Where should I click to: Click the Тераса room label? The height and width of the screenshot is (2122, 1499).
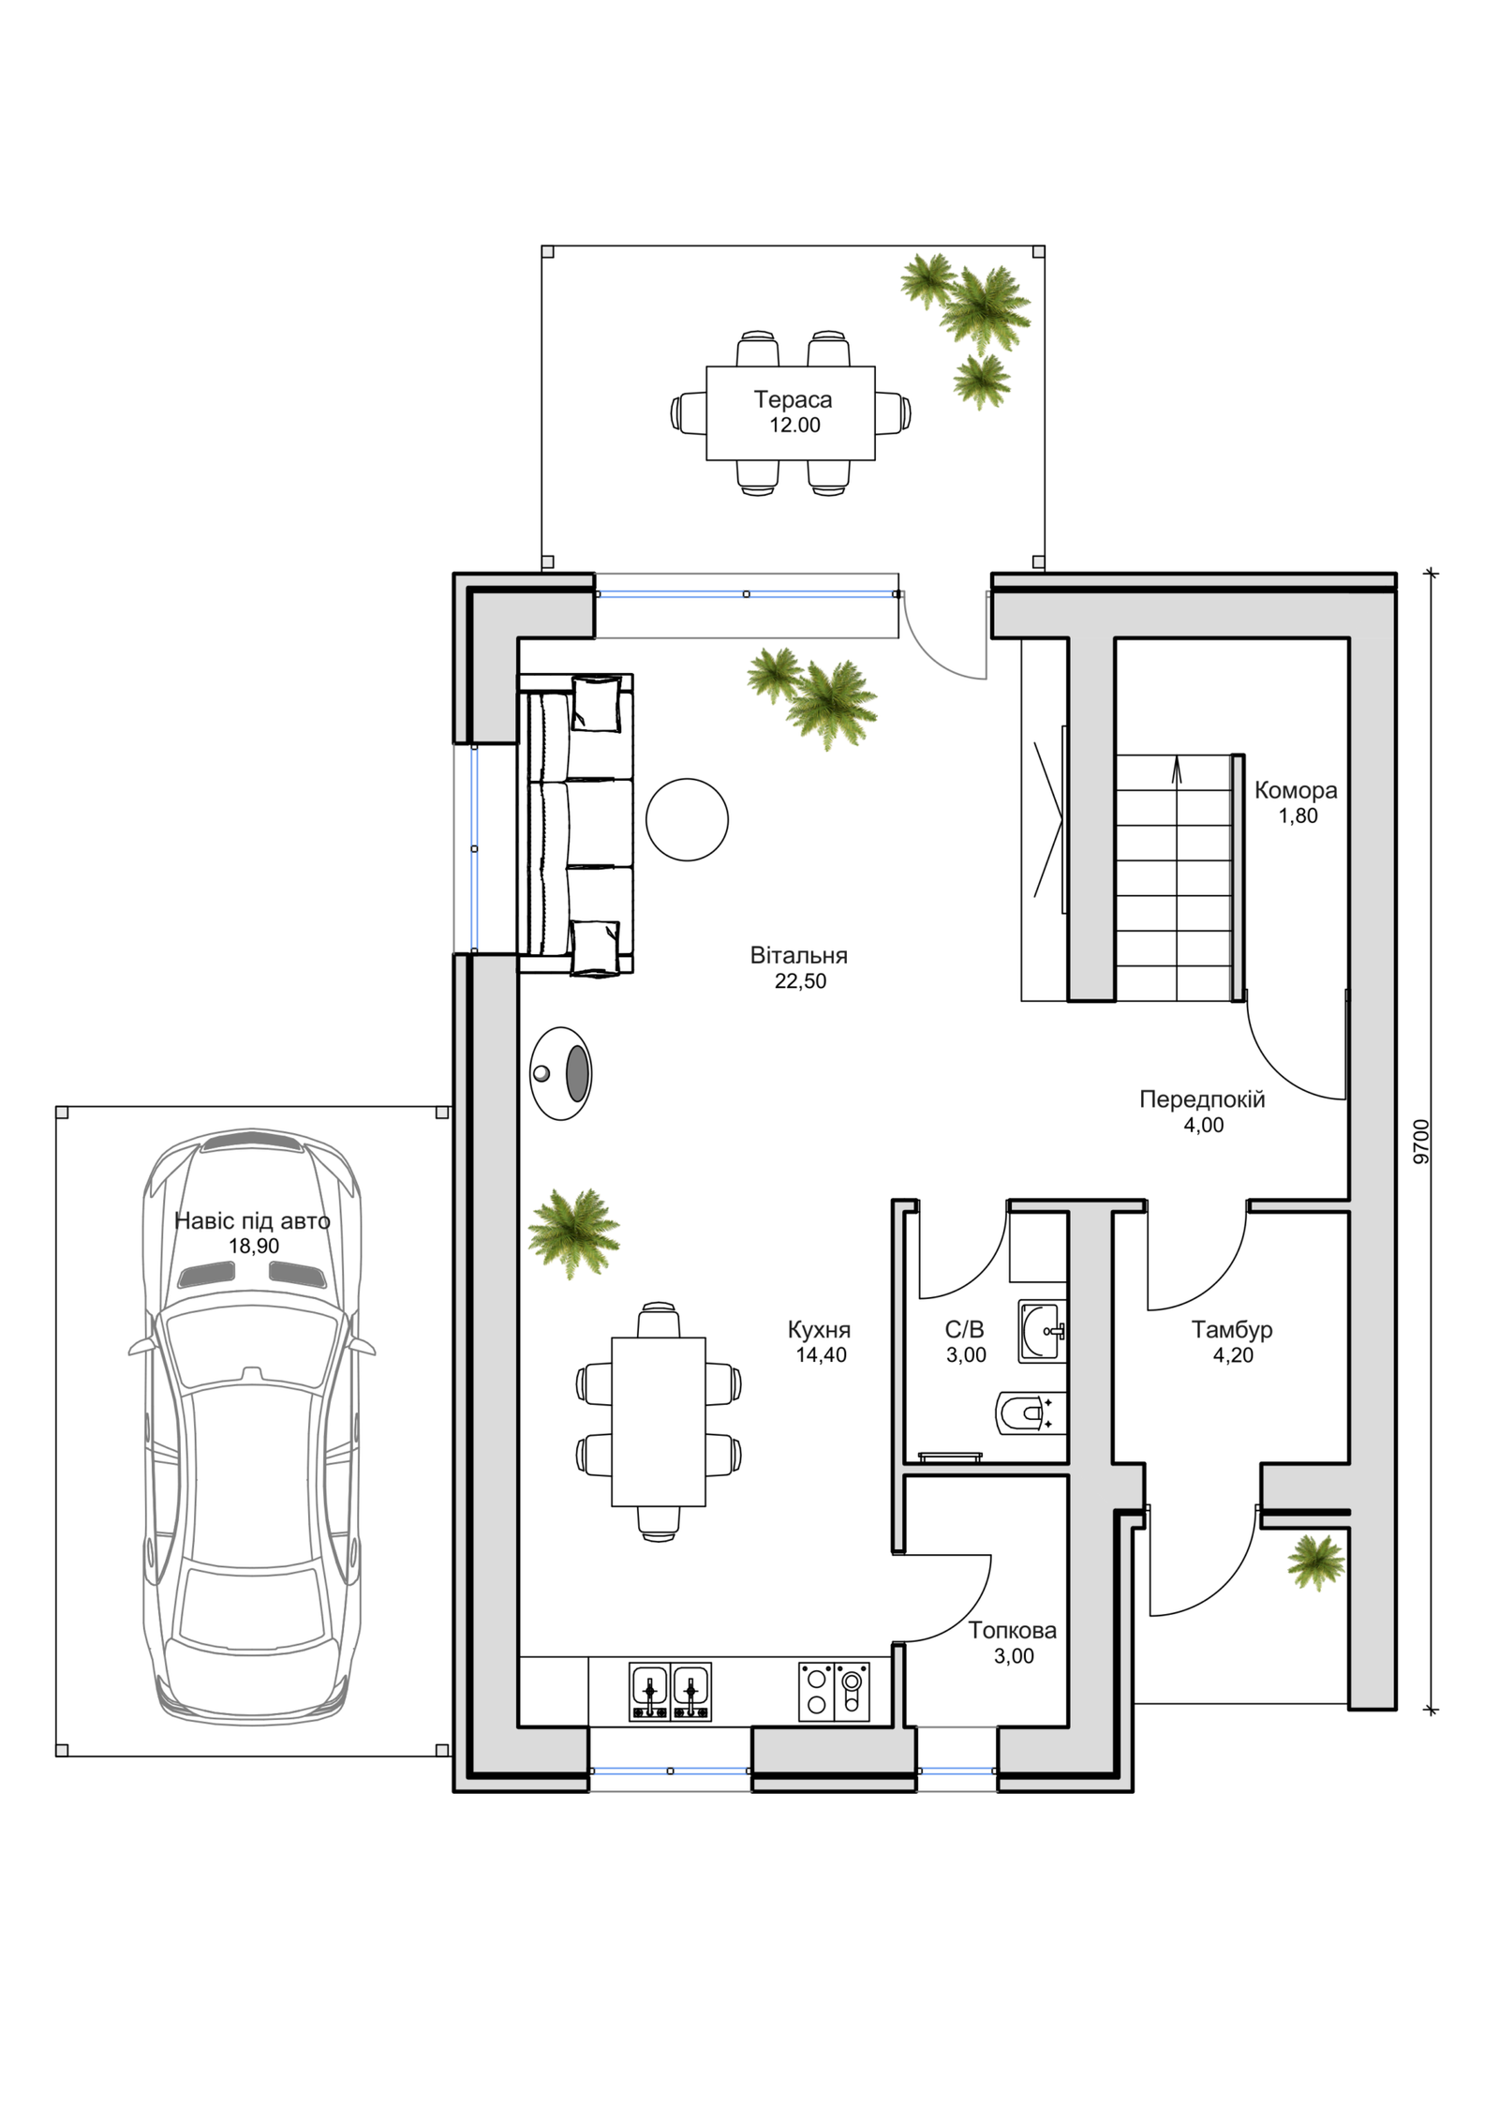[793, 399]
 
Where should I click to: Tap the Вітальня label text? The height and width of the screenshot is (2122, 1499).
[798, 955]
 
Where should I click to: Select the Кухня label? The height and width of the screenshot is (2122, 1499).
[819, 1329]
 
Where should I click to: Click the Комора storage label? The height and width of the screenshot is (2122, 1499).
[1296, 790]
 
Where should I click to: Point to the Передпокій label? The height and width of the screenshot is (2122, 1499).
[1202, 1099]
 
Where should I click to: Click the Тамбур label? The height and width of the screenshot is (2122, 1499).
[1232, 1329]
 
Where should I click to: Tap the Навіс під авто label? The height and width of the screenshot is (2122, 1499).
[252, 1221]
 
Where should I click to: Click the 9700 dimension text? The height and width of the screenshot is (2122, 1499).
[1421, 1141]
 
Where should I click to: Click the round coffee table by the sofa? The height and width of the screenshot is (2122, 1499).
[687, 819]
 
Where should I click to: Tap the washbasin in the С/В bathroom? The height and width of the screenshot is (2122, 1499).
[1042, 1331]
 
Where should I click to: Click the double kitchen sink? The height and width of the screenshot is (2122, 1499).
[670, 1693]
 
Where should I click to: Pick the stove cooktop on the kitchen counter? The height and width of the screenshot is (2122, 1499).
[834, 1693]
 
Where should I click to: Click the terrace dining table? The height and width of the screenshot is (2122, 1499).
[790, 412]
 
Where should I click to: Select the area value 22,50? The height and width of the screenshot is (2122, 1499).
[800, 981]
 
